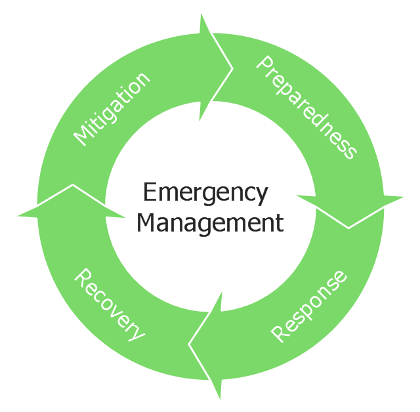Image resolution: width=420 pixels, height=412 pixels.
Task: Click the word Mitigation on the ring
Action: [x=112, y=108]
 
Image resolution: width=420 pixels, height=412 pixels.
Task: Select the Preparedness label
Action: [x=306, y=108]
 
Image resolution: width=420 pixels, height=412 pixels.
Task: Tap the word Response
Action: [x=309, y=305]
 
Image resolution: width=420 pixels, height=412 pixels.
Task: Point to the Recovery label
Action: [x=109, y=304]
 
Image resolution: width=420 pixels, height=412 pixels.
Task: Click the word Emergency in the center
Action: [x=205, y=194]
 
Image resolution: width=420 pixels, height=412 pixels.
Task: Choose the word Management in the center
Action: [x=210, y=223]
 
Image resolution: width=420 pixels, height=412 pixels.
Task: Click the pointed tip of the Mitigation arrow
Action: [x=233, y=67]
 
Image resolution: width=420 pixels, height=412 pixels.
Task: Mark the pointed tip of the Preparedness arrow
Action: [x=348, y=228]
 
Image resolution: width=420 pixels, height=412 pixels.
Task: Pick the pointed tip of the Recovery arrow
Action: [x=72, y=184]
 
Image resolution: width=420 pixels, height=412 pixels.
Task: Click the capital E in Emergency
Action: [x=148, y=193]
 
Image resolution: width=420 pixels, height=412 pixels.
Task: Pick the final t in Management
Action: [x=280, y=223]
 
